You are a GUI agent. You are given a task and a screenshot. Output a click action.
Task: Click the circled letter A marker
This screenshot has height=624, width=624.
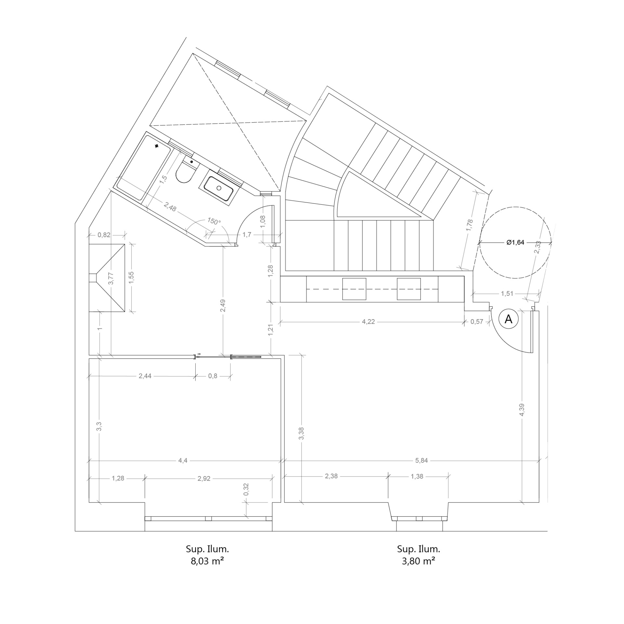(x=508, y=319)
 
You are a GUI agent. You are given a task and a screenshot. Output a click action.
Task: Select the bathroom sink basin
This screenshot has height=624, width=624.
(x=218, y=188)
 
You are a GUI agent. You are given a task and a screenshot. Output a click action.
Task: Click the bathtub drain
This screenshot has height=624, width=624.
(x=157, y=146)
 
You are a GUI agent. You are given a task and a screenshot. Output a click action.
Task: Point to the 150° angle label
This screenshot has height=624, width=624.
(x=214, y=221)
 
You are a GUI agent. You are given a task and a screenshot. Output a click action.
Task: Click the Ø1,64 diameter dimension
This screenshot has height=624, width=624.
(x=515, y=242)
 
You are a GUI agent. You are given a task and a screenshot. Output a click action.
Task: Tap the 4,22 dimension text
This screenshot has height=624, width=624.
(x=368, y=322)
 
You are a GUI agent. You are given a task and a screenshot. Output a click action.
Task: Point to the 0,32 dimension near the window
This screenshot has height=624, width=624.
(x=246, y=489)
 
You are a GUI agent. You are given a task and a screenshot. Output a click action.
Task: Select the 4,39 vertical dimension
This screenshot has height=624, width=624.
(x=522, y=410)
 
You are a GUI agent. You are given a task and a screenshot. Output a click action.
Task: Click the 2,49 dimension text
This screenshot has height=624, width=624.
(x=223, y=305)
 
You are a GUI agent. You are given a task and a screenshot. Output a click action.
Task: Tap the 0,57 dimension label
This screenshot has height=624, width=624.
(x=477, y=322)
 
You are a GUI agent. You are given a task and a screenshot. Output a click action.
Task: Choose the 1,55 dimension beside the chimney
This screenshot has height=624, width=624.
(x=131, y=278)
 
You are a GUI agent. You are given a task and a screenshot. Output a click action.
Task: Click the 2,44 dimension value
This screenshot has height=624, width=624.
(x=145, y=376)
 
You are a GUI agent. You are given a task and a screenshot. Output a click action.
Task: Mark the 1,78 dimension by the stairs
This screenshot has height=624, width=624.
(x=470, y=226)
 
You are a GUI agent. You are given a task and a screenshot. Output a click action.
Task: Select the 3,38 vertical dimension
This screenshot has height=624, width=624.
(x=302, y=434)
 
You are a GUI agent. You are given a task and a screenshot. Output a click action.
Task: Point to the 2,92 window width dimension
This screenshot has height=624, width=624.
(x=204, y=478)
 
